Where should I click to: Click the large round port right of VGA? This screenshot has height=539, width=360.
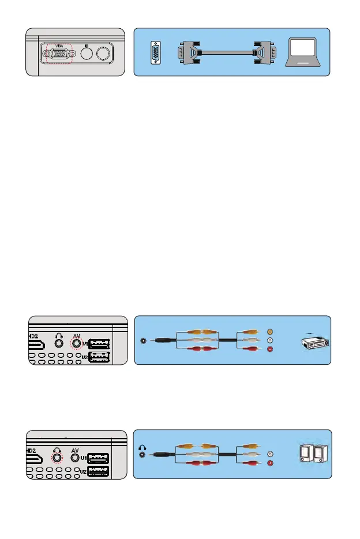[104, 54]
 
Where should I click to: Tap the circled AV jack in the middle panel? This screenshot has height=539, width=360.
[74, 344]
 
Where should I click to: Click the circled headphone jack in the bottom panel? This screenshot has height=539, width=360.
[58, 458]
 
